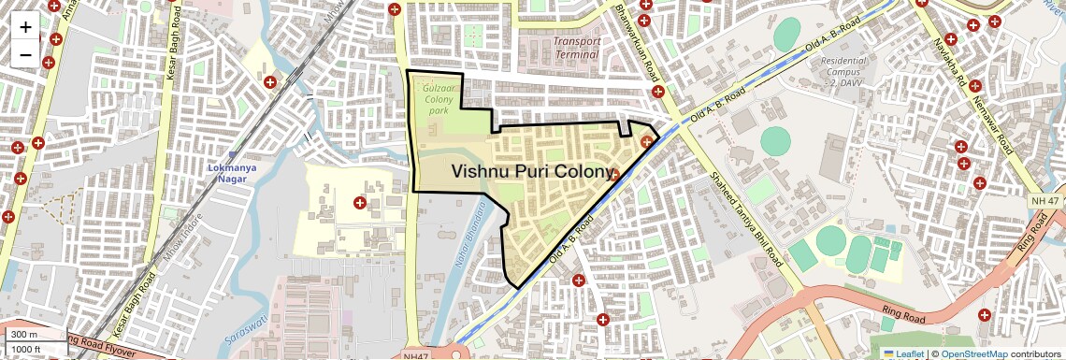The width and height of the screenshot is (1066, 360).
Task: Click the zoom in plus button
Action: [25, 27]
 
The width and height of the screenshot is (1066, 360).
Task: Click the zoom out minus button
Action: [25, 54]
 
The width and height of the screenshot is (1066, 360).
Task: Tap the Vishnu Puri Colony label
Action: [534, 171]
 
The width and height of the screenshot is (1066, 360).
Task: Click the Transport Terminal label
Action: [576, 48]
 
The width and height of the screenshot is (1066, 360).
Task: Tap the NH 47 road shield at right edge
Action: [1047, 201]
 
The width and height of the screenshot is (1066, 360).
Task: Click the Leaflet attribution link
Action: [905, 353]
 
